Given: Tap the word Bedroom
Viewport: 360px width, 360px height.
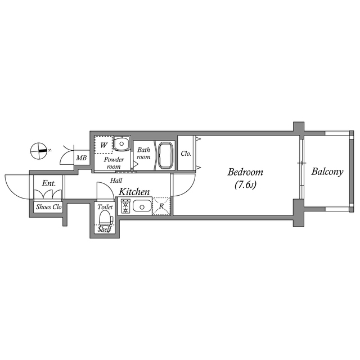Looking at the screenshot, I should click(245, 172).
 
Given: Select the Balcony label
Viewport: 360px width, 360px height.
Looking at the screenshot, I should click(327, 172).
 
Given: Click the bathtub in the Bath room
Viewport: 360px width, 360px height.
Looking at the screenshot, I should click(165, 155).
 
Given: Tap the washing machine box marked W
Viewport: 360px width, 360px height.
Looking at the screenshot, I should click(103, 145).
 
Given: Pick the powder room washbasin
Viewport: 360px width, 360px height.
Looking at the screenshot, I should click(122, 144).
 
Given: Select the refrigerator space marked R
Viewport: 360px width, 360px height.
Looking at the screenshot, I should click(161, 206).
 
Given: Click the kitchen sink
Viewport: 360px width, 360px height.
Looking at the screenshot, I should click(142, 206).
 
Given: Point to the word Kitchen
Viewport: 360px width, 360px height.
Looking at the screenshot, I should click(134, 192).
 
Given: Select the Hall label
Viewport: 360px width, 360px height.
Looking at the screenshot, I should click(116, 181).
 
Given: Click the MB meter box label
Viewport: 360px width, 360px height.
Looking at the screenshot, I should click(82, 158).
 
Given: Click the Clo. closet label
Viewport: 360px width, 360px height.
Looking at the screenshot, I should click(186, 154).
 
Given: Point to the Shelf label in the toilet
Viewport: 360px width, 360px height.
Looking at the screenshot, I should click(104, 229).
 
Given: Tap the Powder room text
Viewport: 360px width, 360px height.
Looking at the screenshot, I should click(114, 163).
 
